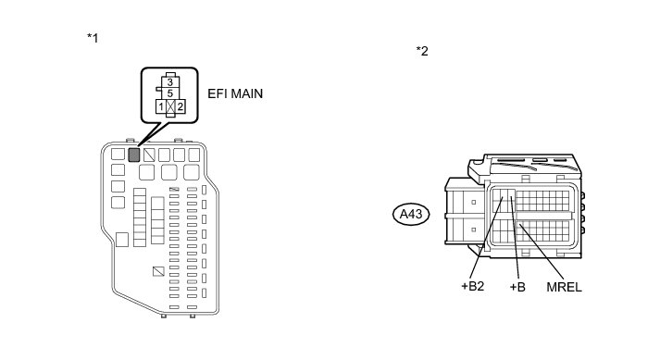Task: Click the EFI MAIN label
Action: pos(235,93)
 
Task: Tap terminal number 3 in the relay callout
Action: pos(170,82)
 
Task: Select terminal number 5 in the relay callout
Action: pos(170,93)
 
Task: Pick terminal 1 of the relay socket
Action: pos(161,107)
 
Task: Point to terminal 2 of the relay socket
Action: pos(181,107)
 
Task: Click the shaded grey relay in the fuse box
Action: pos(134,155)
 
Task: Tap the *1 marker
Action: pos(93,38)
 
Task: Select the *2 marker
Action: pos(422,51)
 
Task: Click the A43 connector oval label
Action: pos(411,215)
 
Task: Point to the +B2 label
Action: pos(473,286)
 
